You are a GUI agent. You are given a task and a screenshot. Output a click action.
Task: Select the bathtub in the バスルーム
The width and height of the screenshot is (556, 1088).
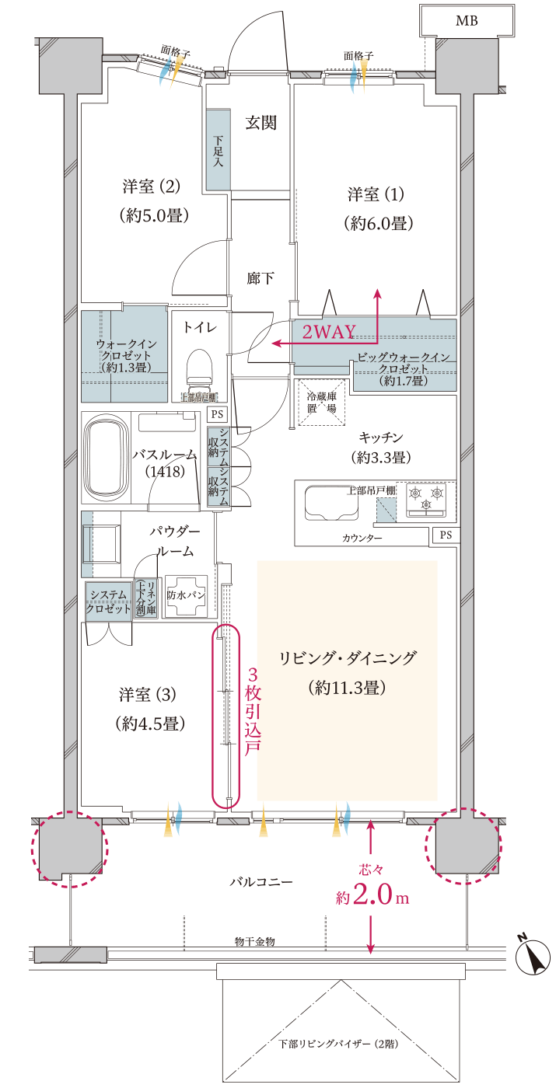coord(105,459)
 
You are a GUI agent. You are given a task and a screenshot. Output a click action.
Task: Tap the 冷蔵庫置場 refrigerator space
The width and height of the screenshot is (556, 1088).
coord(321,403)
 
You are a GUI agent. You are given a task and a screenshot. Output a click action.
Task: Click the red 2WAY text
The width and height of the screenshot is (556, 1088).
coord(328,333)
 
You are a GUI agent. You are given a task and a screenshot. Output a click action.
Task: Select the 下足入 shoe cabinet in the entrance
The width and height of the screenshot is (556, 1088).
coord(219,149)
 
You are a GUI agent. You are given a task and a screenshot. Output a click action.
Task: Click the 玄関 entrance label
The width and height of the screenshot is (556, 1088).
coord(261,123)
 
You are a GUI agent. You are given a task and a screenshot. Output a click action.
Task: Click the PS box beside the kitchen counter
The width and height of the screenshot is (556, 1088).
coord(446,535)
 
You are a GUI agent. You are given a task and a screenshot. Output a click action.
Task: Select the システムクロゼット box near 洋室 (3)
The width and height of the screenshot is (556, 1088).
coord(108,602)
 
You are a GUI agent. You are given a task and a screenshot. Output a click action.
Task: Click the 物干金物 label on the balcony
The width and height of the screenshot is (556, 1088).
coord(254,941)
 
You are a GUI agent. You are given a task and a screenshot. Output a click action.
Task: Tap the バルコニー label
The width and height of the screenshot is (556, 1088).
coord(261,883)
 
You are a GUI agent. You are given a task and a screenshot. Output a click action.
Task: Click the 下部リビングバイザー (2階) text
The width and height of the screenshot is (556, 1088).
coord(339,1044)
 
